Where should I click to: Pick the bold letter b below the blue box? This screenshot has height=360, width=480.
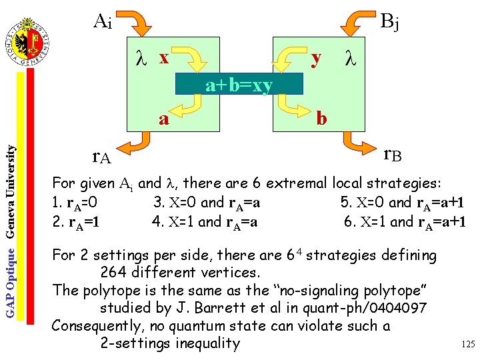[321, 119]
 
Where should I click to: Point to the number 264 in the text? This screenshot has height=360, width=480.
[114, 272]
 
